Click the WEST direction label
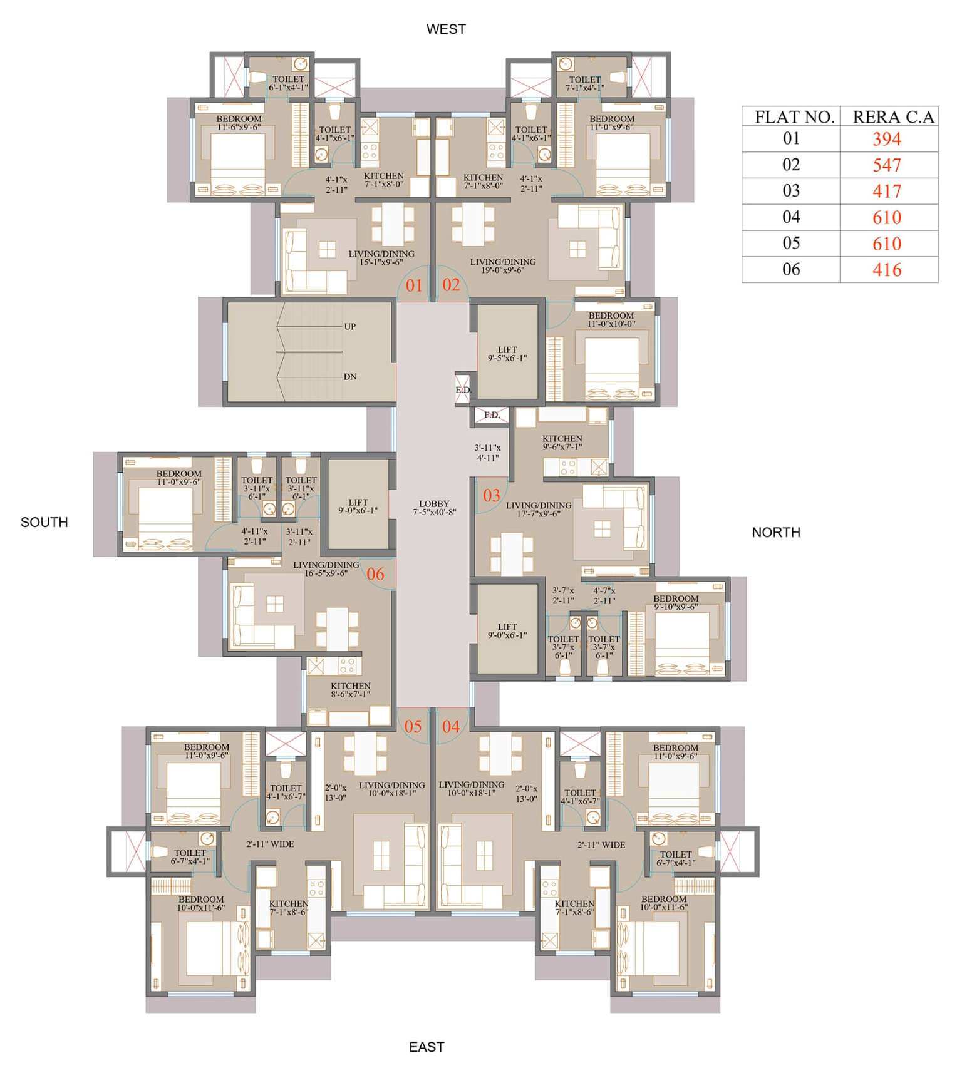click(x=445, y=29)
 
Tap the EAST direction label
click(x=426, y=1047)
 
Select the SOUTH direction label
click(x=44, y=522)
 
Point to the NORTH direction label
click(x=775, y=532)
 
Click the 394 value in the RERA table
click(x=886, y=139)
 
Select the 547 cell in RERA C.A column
click(x=886, y=165)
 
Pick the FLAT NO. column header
click(x=794, y=117)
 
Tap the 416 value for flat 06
click(x=886, y=270)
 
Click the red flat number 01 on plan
click(x=413, y=286)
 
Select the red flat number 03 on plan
click(x=491, y=496)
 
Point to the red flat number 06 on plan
click(x=375, y=574)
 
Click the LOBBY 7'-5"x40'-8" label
click(x=434, y=508)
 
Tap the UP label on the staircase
click(x=349, y=327)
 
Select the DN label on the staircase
click(x=349, y=377)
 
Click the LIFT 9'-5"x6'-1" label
click(x=507, y=354)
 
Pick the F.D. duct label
click(x=492, y=415)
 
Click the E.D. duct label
click(x=463, y=390)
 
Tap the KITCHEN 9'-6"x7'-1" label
click(x=562, y=443)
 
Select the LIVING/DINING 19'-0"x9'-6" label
click(x=502, y=266)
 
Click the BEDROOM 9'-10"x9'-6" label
click(x=675, y=602)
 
